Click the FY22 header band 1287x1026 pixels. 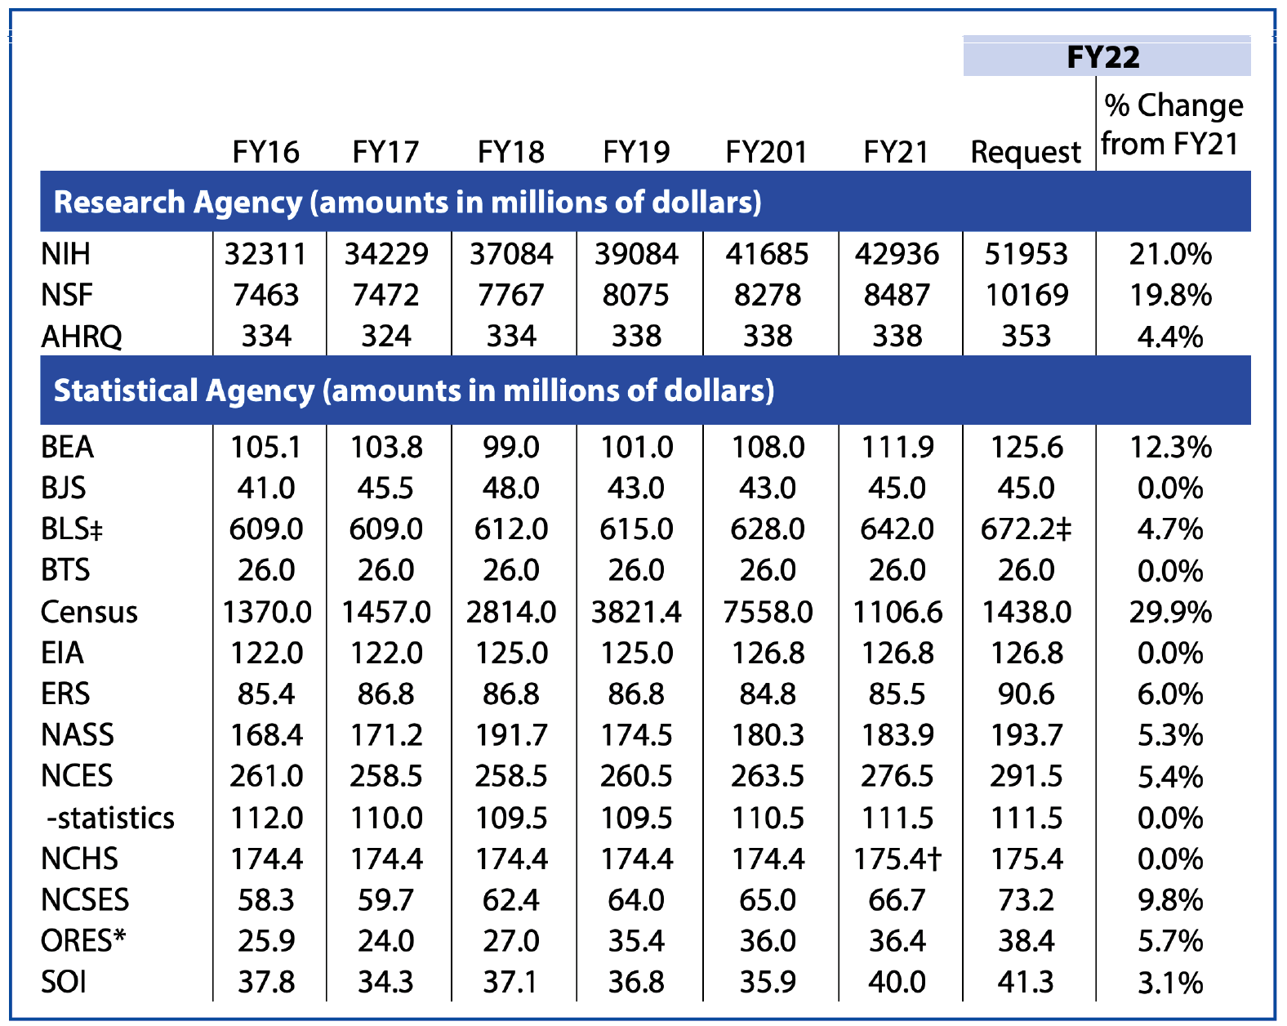(x=1106, y=57)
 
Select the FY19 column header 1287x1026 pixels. (x=636, y=152)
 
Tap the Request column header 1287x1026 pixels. (x=1026, y=152)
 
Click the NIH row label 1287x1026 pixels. (x=66, y=254)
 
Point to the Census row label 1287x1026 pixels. (x=89, y=612)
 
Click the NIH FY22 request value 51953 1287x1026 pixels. (x=1026, y=254)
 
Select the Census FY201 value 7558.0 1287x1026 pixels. (x=768, y=612)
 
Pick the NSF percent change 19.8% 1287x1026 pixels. (x=1170, y=295)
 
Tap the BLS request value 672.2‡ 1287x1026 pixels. (x=1026, y=529)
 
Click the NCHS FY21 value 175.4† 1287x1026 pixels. (x=898, y=859)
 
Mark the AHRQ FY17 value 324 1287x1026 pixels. (x=386, y=336)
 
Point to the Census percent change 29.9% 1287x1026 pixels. (x=1170, y=612)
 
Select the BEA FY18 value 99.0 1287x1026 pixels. (x=511, y=447)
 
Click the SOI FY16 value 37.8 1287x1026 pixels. (x=266, y=981)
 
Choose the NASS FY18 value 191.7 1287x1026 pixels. (x=511, y=734)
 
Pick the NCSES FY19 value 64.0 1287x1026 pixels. (x=636, y=899)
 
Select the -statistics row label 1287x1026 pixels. (x=109, y=818)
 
